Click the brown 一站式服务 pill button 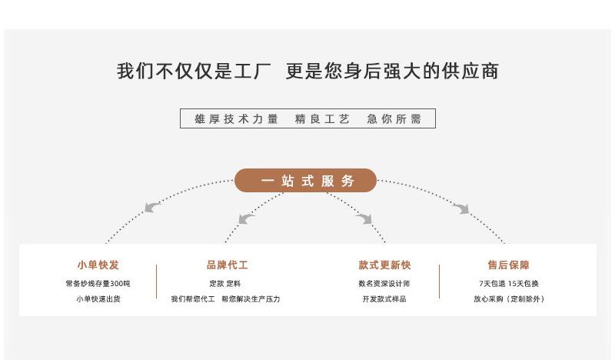point(305,181)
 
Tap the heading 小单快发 point(98,265)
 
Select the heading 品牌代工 point(227,265)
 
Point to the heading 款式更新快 point(384,265)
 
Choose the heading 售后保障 point(508,265)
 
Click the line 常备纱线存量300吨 point(98,284)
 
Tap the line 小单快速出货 point(98,298)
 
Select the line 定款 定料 point(225,284)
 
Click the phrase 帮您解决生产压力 point(251,298)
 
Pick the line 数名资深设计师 point(384,284)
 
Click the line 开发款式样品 point(384,298)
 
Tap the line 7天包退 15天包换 point(508,284)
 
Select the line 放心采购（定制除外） point(508,298)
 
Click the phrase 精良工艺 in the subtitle point(322,119)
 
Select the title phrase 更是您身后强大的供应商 point(392,72)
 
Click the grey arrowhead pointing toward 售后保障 point(461,208)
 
